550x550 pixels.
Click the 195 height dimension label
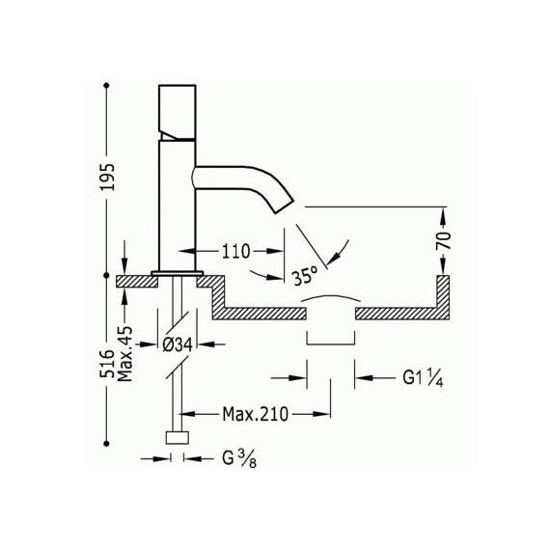[108, 177]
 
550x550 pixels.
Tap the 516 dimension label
[108, 364]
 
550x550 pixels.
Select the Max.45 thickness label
[125, 354]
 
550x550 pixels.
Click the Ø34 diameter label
[178, 345]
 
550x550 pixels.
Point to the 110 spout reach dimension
[235, 251]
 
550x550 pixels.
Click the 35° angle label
[305, 275]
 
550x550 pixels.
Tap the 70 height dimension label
[444, 240]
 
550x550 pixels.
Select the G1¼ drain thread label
[423, 378]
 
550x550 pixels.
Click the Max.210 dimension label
[256, 414]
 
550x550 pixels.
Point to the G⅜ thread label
[239, 458]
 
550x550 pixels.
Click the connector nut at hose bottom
[178, 437]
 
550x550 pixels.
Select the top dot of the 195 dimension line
[107, 85]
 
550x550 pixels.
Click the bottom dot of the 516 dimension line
[107, 444]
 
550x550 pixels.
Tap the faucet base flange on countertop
[178, 273]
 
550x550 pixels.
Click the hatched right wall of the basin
[443, 297]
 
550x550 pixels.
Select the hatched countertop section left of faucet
[137, 282]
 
